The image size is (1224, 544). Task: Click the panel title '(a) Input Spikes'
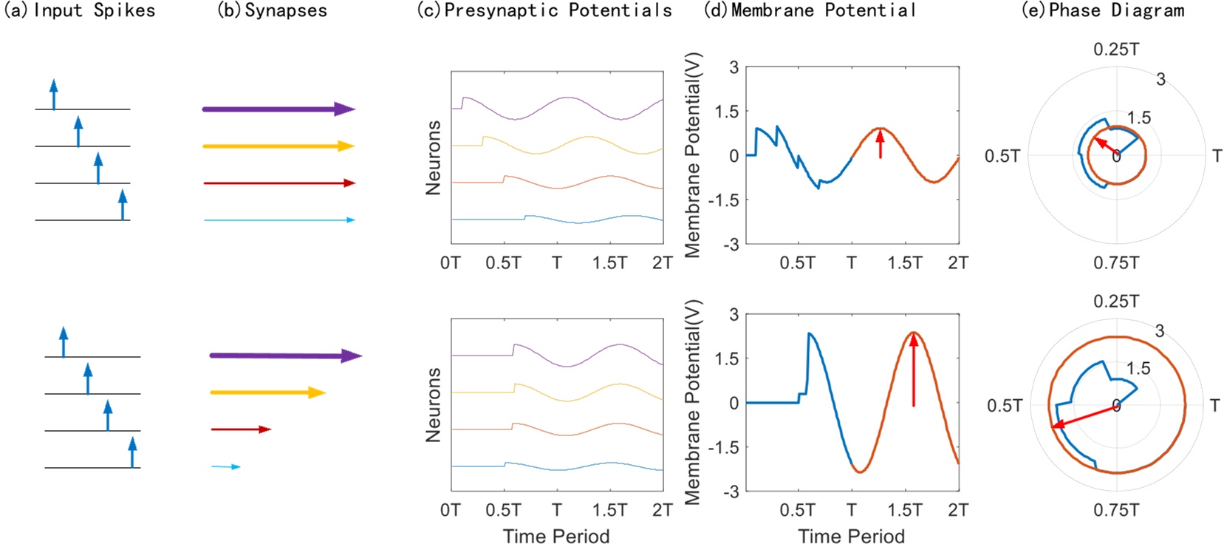pos(80,10)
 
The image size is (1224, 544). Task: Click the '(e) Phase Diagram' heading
pos(1103,10)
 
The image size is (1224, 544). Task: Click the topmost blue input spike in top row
pos(53,95)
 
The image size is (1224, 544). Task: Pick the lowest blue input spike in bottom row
pos(132,452)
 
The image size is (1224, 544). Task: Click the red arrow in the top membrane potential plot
pos(880,143)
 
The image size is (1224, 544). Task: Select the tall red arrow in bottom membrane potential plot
pos(914,370)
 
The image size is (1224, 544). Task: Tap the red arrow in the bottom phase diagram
pos(1083,416)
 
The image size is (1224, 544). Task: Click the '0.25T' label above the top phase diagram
pos(1115,50)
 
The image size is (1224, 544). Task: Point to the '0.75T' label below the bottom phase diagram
pos(1115,510)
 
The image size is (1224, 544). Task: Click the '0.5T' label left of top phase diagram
pos(1002,156)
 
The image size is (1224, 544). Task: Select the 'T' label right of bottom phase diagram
pos(1215,405)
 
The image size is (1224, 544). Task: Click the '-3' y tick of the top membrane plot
pos(729,245)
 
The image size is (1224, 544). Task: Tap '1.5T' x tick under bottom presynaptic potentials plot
pos(609,510)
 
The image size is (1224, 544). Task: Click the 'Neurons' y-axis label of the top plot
pos(433,157)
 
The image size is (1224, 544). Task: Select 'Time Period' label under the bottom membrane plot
pos(851,536)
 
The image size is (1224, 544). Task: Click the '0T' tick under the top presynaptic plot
pos(450,263)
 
